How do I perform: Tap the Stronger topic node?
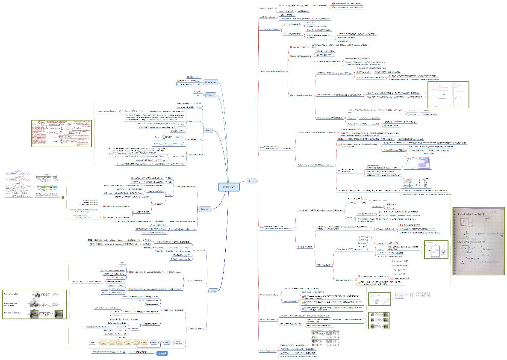pos(205,209)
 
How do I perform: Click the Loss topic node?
pos(208,130)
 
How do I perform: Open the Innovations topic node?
pos(210,82)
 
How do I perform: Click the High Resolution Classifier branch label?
pos(270,29)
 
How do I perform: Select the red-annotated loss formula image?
pos(62,133)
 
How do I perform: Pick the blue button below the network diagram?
pos(162,354)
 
